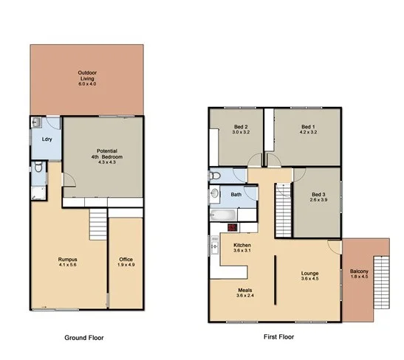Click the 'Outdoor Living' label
(88, 76)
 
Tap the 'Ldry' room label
(46, 139)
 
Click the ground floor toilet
(38, 169)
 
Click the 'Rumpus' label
(68, 260)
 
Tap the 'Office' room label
(125, 260)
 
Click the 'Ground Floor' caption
(83, 337)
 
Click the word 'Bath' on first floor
(236, 195)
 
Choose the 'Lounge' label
(309, 274)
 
